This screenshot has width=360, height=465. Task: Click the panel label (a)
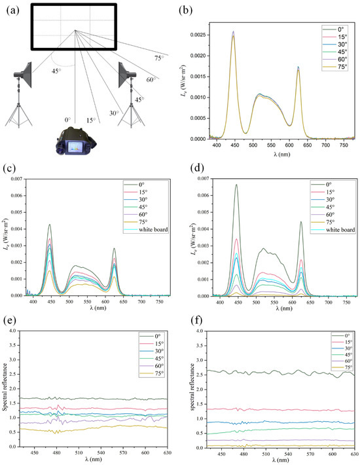click(x=10, y=9)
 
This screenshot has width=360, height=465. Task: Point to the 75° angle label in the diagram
click(x=158, y=58)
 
